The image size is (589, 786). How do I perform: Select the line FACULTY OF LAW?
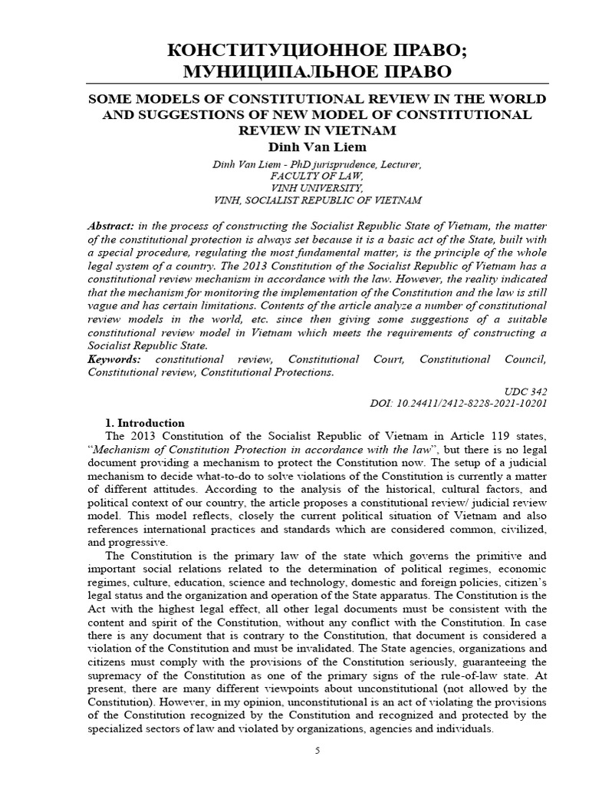tap(294, 175)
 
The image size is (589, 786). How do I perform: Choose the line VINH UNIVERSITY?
tap(294, 187)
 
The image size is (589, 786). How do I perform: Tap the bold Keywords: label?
tap(115, 359)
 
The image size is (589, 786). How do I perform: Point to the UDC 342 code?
tap(529, 390)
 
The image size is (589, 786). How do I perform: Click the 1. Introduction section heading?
tap(144, 423)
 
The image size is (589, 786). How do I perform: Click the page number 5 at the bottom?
tap(318, 751)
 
